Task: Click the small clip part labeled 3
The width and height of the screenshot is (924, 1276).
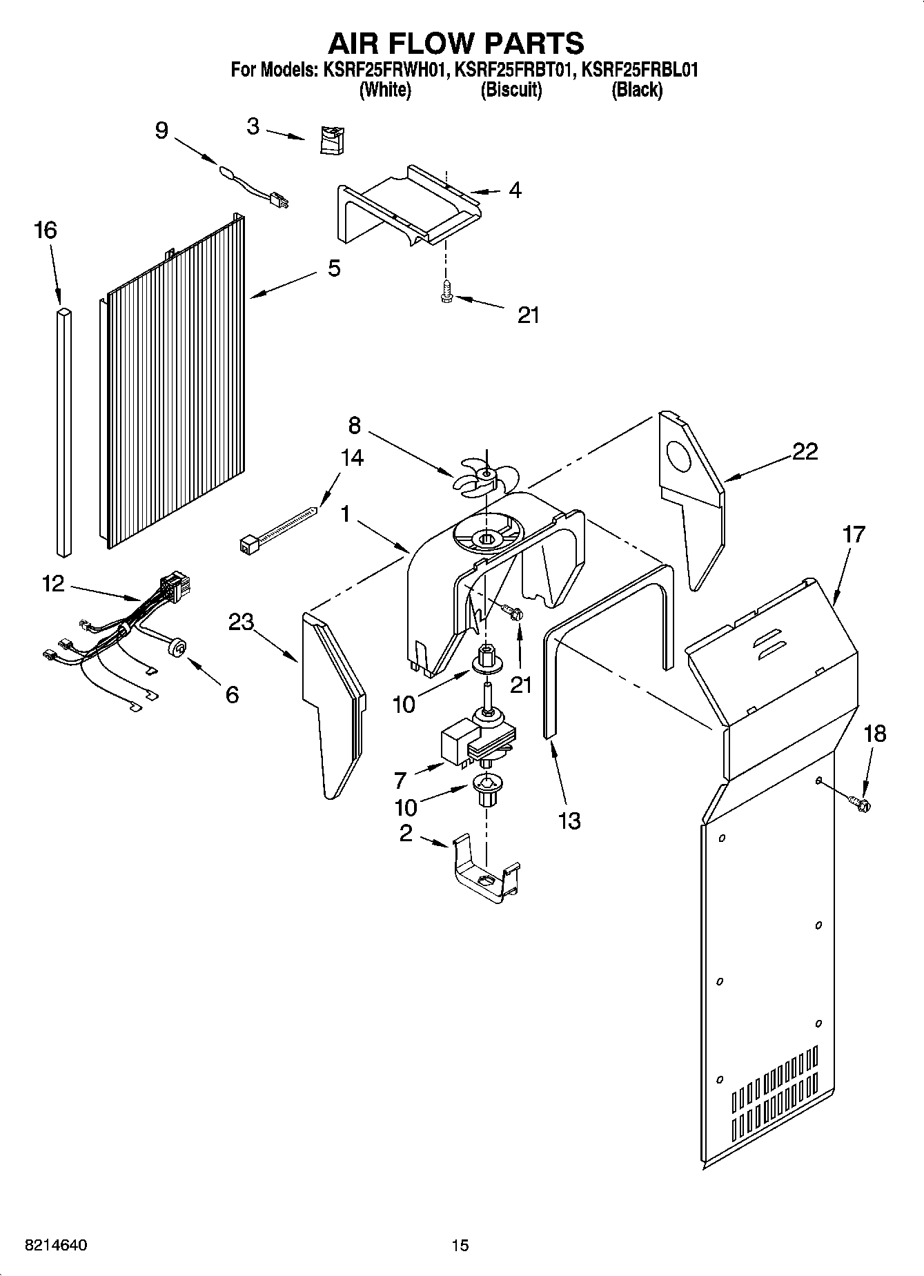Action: coord(333,140)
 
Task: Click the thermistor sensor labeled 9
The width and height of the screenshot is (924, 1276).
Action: coord(255,184)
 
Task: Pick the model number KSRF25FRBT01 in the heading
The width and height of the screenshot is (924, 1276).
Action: coord(514,70)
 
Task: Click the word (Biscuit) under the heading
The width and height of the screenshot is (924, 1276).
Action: coord(511,90)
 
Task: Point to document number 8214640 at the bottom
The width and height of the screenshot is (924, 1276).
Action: coord(55,1245)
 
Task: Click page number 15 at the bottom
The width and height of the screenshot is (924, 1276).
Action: coord(460,1245)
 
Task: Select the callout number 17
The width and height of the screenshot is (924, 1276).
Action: coord(854,533)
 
